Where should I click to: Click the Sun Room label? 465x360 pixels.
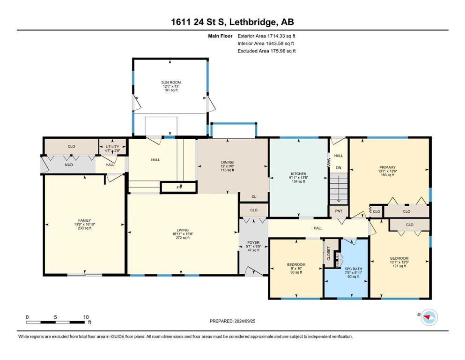[171, 82]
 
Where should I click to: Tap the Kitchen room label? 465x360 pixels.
[298, 173]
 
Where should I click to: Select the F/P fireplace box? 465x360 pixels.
[179, 187]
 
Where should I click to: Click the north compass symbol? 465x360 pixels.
[429, 317]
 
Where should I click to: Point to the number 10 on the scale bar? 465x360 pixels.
[86, 317]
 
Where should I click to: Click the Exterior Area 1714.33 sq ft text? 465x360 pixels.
[266, 36]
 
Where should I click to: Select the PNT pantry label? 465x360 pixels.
[339, 211]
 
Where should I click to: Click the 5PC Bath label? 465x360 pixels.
[354, 269]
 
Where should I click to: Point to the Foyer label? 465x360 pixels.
[253, 242]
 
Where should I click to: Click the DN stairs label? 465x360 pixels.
[339, 167]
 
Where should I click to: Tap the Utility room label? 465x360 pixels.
[112, 147]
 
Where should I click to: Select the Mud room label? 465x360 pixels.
[69, 165]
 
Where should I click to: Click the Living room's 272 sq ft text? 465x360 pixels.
[183, 238]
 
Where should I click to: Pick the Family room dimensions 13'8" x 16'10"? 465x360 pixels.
[84, 225]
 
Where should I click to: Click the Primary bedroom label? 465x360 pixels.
[387, 167]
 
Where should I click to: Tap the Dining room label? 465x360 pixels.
[228, 162]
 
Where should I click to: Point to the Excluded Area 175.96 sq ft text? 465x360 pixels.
[266, 51]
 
